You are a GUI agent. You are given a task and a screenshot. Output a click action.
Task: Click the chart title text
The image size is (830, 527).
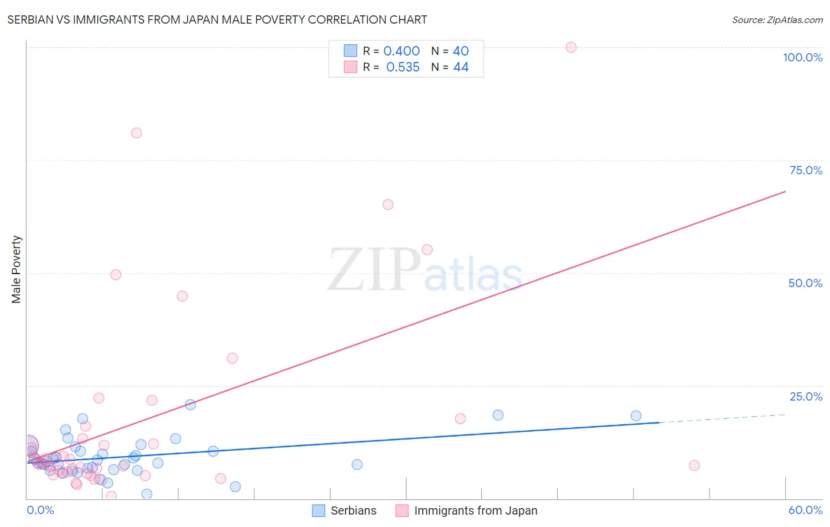tap(217, 19)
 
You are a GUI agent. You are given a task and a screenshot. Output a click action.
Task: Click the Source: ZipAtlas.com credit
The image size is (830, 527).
tap(777, 19)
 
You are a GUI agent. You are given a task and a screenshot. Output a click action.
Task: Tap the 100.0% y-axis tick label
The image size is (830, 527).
tap(802, 57)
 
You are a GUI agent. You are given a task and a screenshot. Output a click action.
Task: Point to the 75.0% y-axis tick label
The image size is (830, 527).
tap(806, 170)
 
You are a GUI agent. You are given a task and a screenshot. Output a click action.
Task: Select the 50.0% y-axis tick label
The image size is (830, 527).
tap(805, 283)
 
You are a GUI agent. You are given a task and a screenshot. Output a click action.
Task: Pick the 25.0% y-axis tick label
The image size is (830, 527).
tap(806, 396)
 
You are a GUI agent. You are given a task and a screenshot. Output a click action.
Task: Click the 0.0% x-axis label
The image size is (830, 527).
tap(40, 510)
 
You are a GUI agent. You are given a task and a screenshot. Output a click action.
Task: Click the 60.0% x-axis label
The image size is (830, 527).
tap(805, 510)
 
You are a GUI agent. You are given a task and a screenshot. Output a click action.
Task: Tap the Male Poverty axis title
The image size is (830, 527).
tap(16, 269)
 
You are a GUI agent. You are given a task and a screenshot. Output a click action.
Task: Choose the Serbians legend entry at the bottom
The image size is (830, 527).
tap(344, 510)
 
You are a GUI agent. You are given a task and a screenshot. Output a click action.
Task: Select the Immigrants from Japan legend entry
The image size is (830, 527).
tap(466, 510)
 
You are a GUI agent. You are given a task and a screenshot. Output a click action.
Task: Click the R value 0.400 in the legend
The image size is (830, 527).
tap(401, 51)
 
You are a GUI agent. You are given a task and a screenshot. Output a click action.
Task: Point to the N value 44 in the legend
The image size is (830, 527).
tap(460, 67)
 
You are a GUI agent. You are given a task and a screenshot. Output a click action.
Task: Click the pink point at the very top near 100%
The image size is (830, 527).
tap(571, 47)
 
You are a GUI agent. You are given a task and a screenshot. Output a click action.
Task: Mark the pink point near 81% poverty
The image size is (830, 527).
tap(136, 133)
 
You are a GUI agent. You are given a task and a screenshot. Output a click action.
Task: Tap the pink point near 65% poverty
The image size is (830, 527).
tap(388, 204)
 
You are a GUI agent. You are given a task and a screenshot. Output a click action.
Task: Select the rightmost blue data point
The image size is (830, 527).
tap(636, 416)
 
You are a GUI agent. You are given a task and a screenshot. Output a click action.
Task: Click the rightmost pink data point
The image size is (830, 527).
tap(694, 466)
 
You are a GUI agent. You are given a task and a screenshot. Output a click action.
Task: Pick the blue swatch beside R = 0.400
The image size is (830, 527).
tap(351, 51)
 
